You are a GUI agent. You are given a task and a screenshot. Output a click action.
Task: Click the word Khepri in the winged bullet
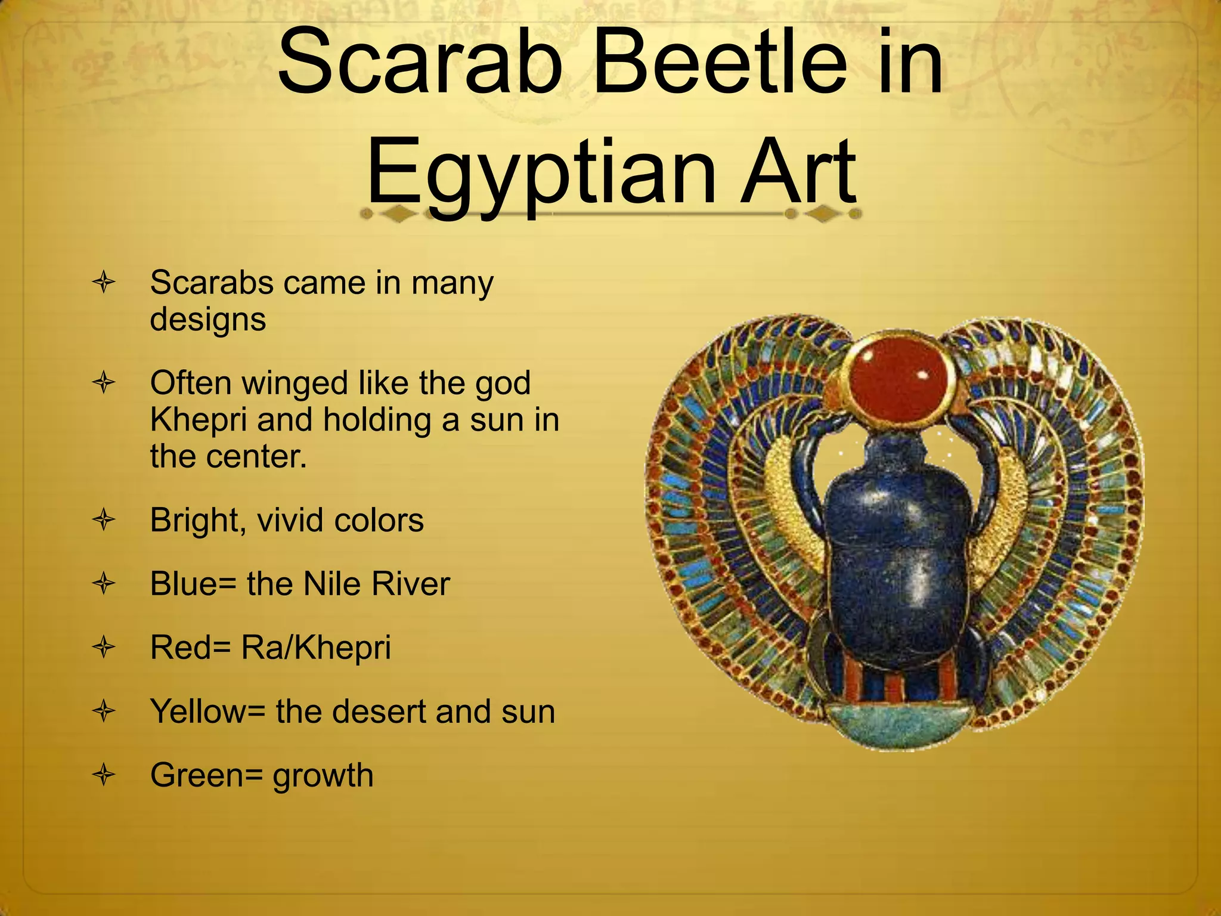click(198, 420)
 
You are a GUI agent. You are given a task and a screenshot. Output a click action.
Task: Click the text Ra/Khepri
click(316, 648)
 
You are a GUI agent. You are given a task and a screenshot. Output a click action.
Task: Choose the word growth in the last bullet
click(323, 776)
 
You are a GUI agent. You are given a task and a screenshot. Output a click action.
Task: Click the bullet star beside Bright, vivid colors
click(104, 520)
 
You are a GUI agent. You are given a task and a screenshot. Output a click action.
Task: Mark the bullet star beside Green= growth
click(104, 775)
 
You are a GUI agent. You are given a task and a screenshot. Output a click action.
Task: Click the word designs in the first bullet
click(207, 320)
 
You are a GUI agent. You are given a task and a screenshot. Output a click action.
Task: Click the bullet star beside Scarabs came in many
click(104, 282)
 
